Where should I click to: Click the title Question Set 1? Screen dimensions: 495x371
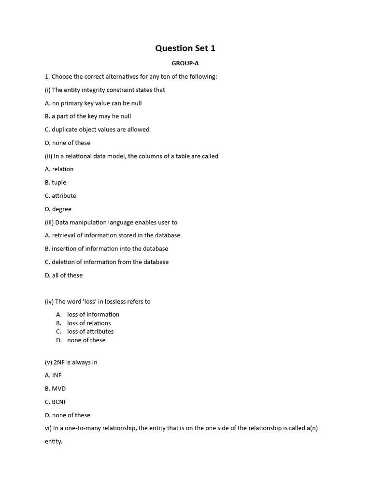[x=185, y=48]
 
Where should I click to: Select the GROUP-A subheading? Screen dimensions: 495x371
[x=185, y=63]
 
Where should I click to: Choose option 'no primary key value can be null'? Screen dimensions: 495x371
[x=97, y=103]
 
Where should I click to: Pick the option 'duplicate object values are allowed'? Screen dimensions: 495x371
[x=100, y=130]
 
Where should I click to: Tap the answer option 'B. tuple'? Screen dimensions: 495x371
[x=56, y=183]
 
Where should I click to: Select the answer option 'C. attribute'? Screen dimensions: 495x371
[x=60, y=196]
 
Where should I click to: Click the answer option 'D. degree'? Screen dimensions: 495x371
[x=58, y=209]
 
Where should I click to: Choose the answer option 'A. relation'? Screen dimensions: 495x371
[x=59, y=169]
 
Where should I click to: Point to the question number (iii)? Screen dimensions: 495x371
[x=49, y=222]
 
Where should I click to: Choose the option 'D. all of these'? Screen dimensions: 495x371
[x=64, y=276]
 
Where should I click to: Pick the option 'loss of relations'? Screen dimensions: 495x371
[x=89, y=323]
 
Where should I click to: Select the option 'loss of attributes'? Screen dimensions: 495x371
[x=90, y=332]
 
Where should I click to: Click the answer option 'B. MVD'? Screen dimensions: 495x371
[x=55, y=389]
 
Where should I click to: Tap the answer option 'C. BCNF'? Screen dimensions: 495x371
[x=56, y=402]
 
